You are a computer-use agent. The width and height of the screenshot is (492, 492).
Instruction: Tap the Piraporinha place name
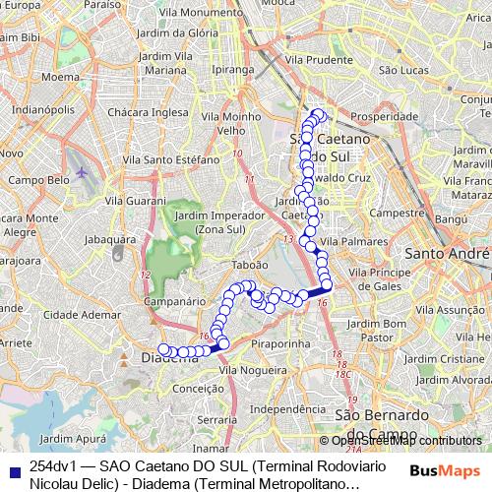pyautogui.click(x=281, y=344)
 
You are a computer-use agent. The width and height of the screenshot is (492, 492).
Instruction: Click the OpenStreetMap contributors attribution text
pyautogui.click(x=399, y=441)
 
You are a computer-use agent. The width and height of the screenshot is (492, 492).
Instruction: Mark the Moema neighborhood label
pyautogui.click(x=59, y=75)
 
